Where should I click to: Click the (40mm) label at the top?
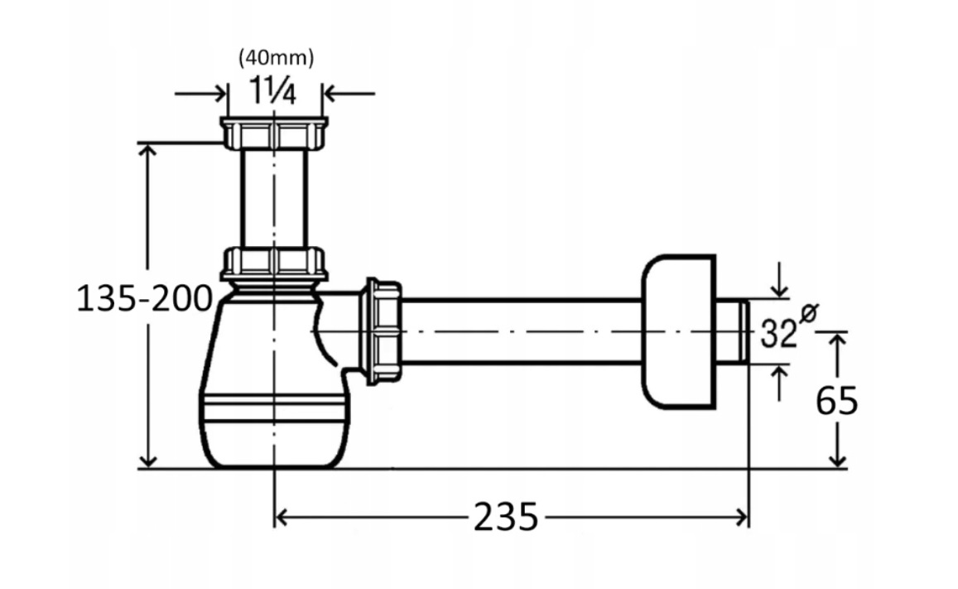tap(277, 58)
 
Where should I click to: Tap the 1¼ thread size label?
tap(273, 93)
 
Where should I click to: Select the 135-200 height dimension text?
tap(144, 299)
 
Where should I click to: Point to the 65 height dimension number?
tap(837, 401)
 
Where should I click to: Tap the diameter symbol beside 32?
tap(807, 313)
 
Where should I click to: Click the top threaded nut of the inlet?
tap(274, 133)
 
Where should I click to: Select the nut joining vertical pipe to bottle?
tap(274, 263)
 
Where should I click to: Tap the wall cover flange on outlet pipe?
tap(678, 331)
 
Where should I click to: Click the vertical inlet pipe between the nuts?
tap(274, 199)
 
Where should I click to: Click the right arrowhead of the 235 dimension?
tap(743, 518)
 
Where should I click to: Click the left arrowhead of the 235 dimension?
tap(281, 518)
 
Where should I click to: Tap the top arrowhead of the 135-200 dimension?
tap(147, 151)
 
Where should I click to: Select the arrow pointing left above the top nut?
tap(349, 94)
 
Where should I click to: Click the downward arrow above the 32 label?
tap(779, 281)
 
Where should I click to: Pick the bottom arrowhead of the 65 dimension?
tap(839, 460)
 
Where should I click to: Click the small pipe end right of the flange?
tap(732, 331)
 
